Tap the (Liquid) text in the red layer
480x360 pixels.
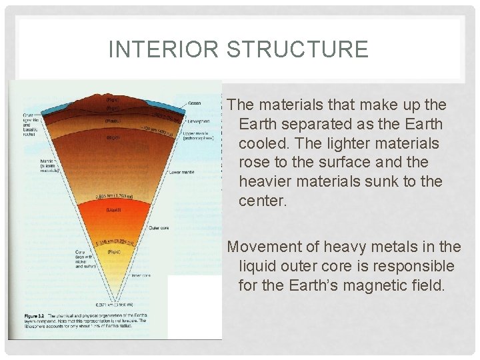coord(113,209)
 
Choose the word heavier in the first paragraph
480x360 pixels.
coord(265,181)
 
